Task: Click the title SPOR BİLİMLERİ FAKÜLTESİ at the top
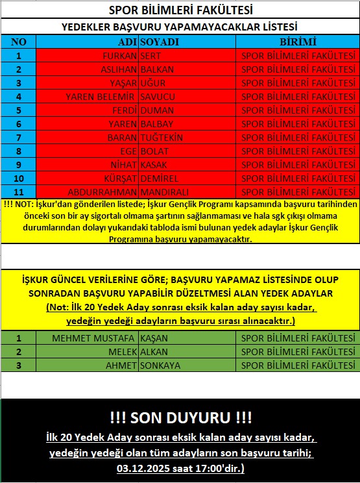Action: pos(180,11)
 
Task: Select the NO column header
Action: pos(19,42)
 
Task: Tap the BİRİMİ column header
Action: pos(298,42)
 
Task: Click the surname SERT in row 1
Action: pos(152,56)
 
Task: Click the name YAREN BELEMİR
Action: pos(101,97)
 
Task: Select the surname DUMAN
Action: pos(157,110)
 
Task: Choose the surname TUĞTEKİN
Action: pos(162,138)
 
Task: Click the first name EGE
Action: pos(127,151)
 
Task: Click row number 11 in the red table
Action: pos(19,192)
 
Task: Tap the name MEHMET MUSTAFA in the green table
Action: pos(93,338)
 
